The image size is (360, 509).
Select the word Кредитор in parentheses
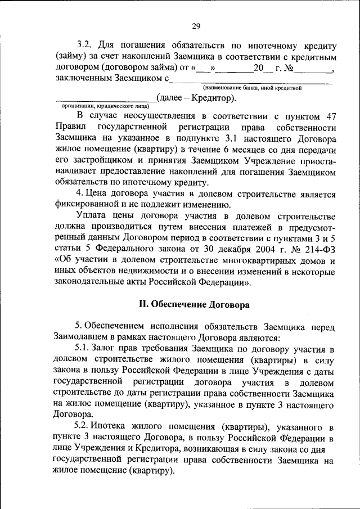211,98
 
